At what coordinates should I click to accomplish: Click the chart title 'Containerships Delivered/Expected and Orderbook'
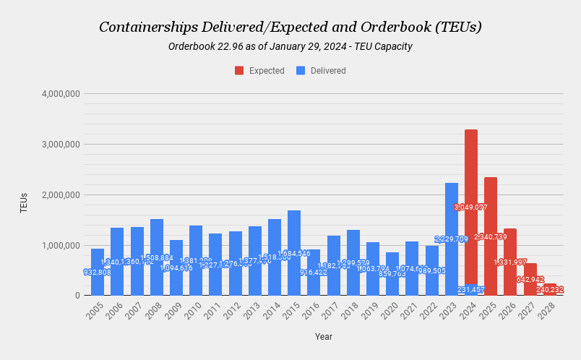[x=290, y=27]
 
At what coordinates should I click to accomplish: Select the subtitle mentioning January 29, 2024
[x=290, y=47]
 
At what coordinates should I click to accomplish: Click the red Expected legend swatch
[x=239, y=71]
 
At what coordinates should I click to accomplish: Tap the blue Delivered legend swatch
[x=301, y=71]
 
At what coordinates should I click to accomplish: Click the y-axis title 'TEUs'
[x=24, y=202]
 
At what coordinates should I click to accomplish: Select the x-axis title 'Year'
[x=324, y=336]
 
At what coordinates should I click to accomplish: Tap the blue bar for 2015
[x=294, y=246]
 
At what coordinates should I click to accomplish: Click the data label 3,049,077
[x=471, y=207]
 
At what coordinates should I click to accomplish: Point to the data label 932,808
[x=98, y=273]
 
